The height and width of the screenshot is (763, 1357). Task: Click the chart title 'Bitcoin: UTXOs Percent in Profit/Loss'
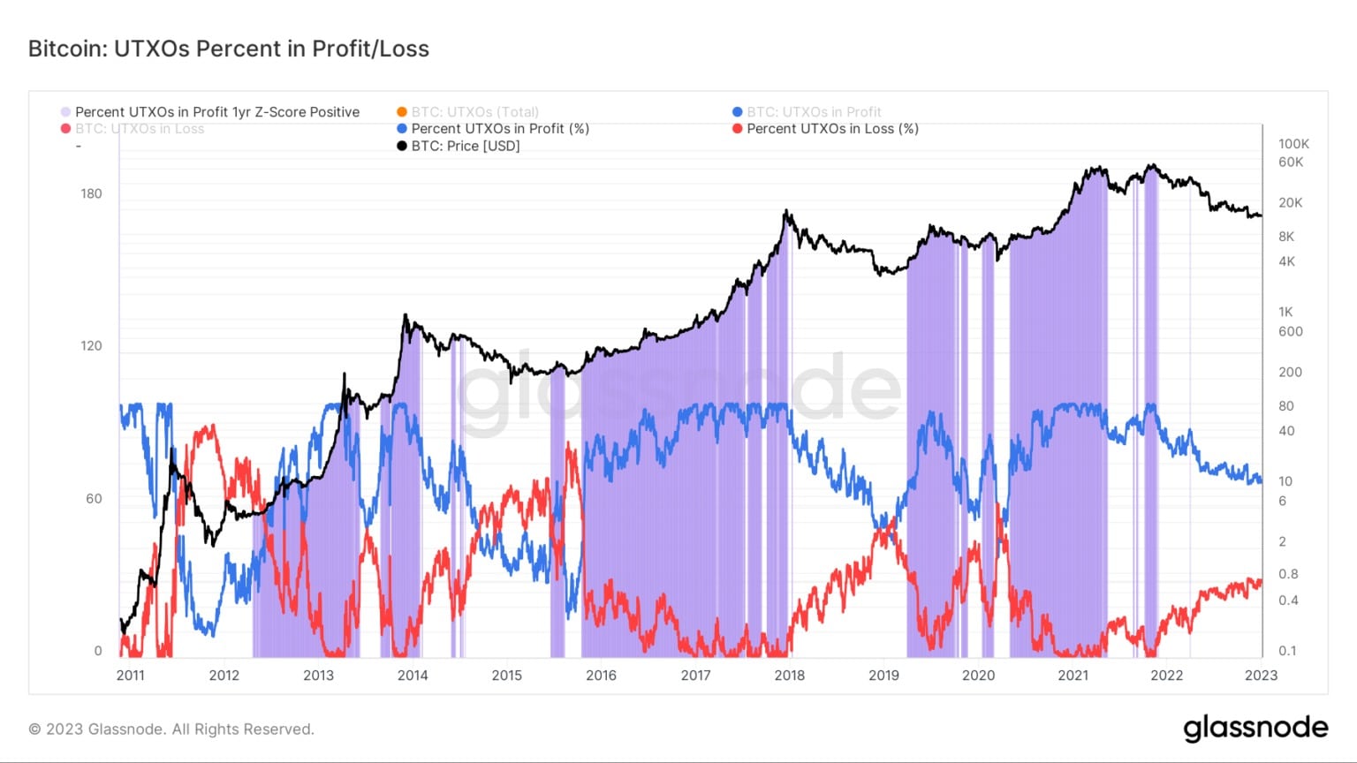pyautogui.click(x=228, y=49)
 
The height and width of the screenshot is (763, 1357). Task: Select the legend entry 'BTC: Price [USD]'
pyautogui.click(x=465, y=146)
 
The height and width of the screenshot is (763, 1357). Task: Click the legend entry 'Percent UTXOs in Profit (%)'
pyautogui.click(x=499, y=129)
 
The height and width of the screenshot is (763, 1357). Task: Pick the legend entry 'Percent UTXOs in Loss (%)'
pyautogui.click(x=832, y=129)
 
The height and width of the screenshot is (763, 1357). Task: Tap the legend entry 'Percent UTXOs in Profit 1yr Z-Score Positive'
pyautogui.click(x=216, y=112)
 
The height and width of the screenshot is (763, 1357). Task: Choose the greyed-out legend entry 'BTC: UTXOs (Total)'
pyautogui.click(x=474, y=112)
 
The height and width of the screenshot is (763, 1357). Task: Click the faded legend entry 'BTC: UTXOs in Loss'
pyautogui.click(x=139, y=129)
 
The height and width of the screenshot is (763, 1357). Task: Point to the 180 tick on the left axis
pyautogui.click(x=91, y=193)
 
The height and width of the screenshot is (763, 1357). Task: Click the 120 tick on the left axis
pyautogui.click(x=91, y=345)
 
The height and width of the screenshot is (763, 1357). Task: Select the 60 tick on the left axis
pyautogui.click(x=94, y=498)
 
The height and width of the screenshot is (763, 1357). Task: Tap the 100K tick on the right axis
pyautogui.click(x=1293, y=143)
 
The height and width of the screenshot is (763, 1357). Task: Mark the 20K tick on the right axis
pyautogui.click(x=1290, y=202)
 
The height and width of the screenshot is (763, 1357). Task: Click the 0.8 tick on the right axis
pyautogui.click(x=1288, y=574)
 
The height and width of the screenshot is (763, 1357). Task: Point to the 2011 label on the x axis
pyautogui.click(x=131, y=676)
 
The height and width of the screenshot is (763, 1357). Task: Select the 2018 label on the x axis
pyautogui.click(x=790, y=676)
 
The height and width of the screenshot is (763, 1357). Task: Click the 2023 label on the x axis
pyautogui.click(x=1261, y=676)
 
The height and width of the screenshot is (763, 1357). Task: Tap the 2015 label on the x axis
pyautogui.click(x=507, y=676)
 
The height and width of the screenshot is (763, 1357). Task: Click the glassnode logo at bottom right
pyautogui.click(x=1255, y=729)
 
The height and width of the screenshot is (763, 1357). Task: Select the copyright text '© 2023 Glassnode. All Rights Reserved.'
pyautogui.click(x=171, y=729)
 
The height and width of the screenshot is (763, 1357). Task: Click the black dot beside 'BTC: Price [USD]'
pyautogui.click(x=402, y=146)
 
